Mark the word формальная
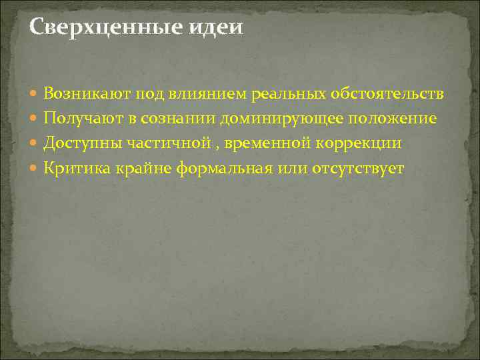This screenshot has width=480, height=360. pos(225,168)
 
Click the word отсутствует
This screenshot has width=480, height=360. pos(357,168)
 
